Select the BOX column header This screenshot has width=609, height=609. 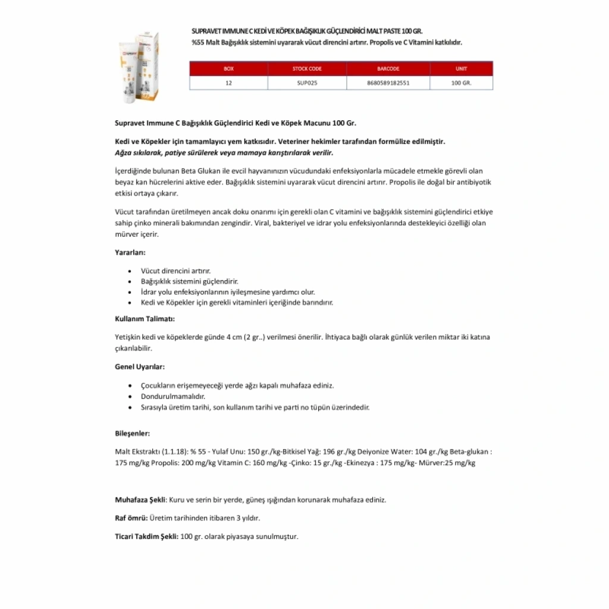tap(229, 68)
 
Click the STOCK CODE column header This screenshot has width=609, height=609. tap(307, 68)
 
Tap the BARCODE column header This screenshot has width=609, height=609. tap(388, 68)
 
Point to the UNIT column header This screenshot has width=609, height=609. tap(461, 68)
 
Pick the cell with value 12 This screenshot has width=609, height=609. tap(229, 83)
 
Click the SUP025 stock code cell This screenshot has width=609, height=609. tap(307, 83)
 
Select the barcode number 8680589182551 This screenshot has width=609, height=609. tap(388, 83)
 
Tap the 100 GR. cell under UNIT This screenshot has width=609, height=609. tap(461, 83)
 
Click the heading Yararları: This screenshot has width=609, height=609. tap(130, 252)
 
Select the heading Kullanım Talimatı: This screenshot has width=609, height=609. tap(145, 319)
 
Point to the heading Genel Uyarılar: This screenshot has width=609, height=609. tap(139, 367)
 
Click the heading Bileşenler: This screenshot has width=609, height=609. tap(132, 433)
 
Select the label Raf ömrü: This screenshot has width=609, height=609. tap(131, 518)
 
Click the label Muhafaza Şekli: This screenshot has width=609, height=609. tap(140, 500)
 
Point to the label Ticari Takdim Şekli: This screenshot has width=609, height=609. tap(146, 536)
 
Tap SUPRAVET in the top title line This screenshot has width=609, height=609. tap(206, 30)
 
